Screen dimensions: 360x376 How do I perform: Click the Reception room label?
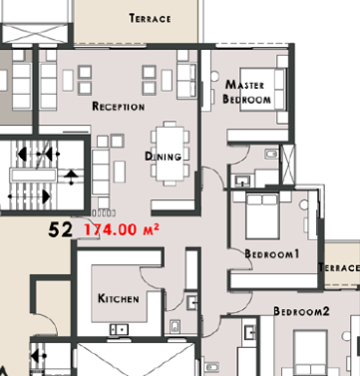pos(119,107)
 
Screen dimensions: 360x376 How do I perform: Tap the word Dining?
pos(164,157)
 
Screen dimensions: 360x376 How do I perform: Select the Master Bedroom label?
pos(246,92)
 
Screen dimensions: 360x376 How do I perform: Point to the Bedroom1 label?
pos(272,254)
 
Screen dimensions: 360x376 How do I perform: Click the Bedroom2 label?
pos(301,311)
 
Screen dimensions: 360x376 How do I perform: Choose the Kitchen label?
pos(119,298)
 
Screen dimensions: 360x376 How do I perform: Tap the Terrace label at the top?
pos(150,18)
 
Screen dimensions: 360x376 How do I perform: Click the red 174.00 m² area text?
pos(122,229)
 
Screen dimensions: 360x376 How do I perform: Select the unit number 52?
pos(60,229)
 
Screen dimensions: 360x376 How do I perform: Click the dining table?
pos(170,154)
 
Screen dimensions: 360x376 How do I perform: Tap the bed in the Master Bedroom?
pos(263,89)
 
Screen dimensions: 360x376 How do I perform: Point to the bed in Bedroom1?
pos(262,216)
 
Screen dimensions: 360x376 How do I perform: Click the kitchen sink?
pos(119,329)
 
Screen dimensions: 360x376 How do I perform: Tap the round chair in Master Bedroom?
pos(214,76)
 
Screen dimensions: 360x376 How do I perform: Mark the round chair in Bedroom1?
pos(303,204)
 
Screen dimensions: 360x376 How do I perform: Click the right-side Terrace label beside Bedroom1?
pos(339,267)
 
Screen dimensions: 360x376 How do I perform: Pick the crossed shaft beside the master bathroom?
pos(288,164)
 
